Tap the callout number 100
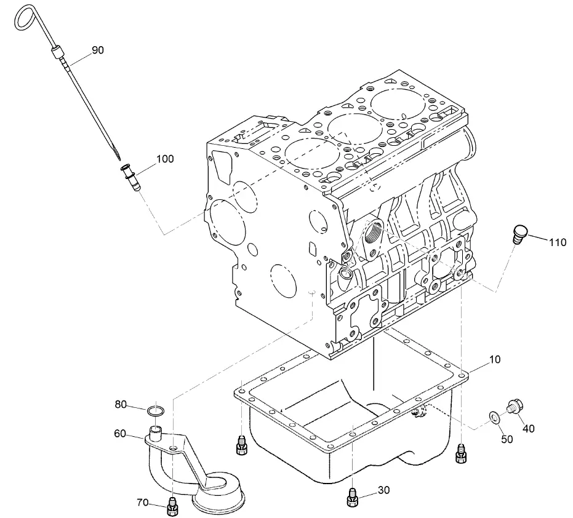tap(165, 159)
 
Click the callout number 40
tap(529, 428)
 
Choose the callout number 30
tap(383, 490)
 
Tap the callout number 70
tap(142, 503)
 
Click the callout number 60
tap(120, 434)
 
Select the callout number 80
tap(121, 404)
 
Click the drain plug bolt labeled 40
tap(514, 406)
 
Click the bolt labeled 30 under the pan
tap(352, 496)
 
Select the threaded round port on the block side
tap(373, 233)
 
